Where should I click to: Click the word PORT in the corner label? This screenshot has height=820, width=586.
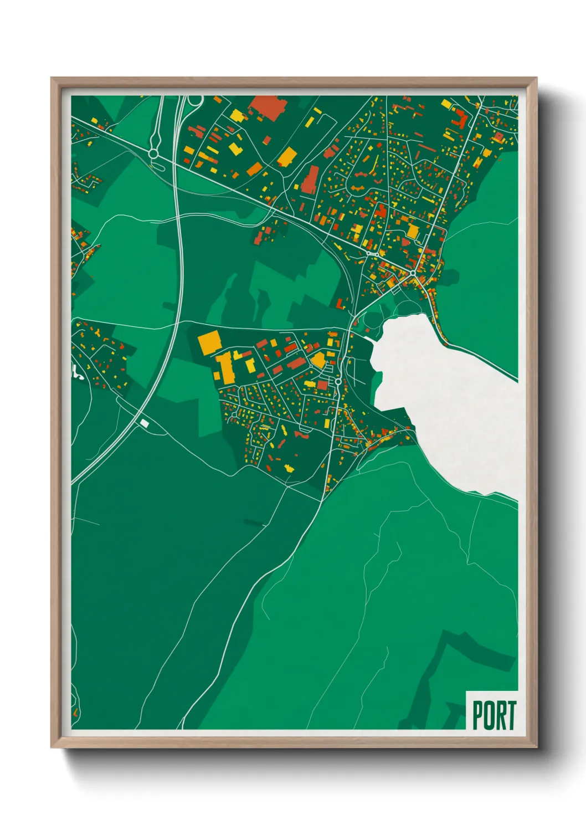click(x=494, y=715)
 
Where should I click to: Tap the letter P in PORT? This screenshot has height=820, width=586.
click(x=477, y=715)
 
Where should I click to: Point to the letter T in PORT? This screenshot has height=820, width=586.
click(x=511, y=715)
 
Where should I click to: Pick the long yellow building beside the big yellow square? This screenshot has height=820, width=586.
click(x=225, y=368)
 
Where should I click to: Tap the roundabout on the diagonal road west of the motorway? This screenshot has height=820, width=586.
click(x=153, y=152)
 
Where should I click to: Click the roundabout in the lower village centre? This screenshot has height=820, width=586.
click(x=338, y=382)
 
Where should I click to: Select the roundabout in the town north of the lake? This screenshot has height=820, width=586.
click(x=413, y=273)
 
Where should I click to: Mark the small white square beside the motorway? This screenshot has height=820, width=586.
click(x=145, y=423)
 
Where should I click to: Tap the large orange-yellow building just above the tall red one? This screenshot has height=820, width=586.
click(x=286, y=157)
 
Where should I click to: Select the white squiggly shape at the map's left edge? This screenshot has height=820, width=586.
click(x=78, y=373)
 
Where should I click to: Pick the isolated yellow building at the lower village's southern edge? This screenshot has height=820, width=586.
click(x=288, y=468)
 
